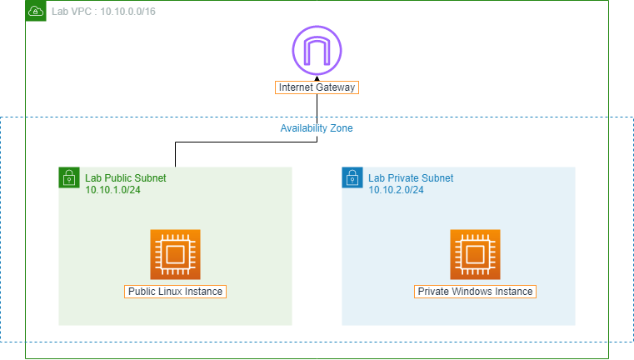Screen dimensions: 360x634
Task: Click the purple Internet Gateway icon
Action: pyautogui.click(x=317, y=51)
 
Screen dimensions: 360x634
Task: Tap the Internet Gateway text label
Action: pyautogui.click(x=317, y=87)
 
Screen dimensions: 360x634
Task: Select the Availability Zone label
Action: pyautogui.click(x=317, y=129)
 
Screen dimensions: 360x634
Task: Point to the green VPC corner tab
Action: pyautogui.click(x=36, y=10)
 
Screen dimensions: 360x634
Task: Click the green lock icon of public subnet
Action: pyautogui.click(x=68, y=177)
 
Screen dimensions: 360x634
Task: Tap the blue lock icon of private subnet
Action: pyautogui.click(x=352, y=177)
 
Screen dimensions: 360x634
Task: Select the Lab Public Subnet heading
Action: pyautogui.click(x=125, y=178)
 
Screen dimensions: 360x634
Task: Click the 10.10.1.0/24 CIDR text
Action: pyautogui.click(x=113, y=190)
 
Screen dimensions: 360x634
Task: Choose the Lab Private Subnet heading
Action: pyautogui.click(x=411, y=178)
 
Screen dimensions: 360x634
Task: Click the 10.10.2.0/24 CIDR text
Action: pyautogui.click(x=397, y=190)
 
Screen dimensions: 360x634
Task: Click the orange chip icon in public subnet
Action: pyautogui.click(x=175, y=254)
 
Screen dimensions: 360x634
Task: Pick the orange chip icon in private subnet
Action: pyautogui.click(x=475, y=254)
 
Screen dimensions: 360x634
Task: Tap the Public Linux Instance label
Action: pyautogui.click(x=176, y=292)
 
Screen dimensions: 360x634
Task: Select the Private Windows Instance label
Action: pyautogui.click(x=475, y=292)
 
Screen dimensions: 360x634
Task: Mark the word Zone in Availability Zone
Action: pyautogui.click(x=342, y=129)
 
